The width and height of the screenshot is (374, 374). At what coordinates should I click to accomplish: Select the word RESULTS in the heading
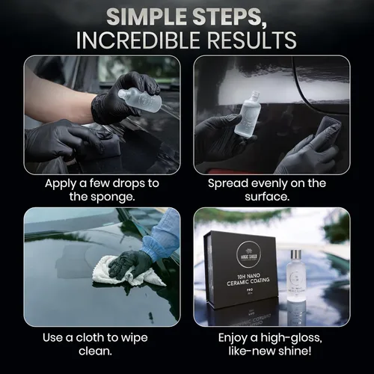tap(248, 39)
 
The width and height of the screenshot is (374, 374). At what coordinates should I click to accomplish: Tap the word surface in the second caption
tap(272, 198)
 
